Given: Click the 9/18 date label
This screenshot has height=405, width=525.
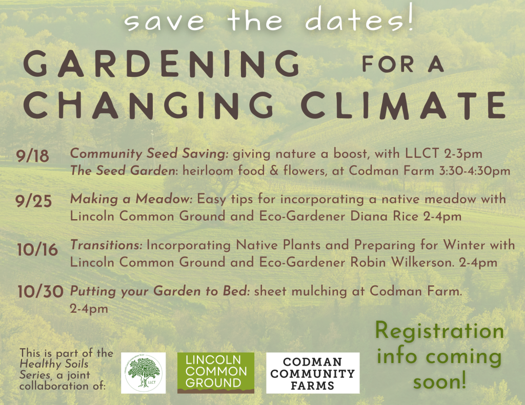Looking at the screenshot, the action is (x=32, y=156).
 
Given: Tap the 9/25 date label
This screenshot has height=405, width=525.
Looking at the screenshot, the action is (x=33, y=201).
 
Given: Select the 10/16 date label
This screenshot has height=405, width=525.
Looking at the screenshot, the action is (x=37, y=250).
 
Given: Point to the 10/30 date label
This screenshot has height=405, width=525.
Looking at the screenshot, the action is (x=41, y=292).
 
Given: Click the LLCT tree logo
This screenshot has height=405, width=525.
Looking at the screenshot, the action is (x=144, y=373).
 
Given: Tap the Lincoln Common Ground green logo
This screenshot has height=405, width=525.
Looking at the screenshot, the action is (x=216, y=373).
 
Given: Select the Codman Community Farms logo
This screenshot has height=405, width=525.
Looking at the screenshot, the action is (x=313, y=373).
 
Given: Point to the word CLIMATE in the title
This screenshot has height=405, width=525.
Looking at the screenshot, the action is (x=403, y=105).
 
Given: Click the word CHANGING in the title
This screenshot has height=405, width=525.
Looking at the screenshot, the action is (x=149, y=105).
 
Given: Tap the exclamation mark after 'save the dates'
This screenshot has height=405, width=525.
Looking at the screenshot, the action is (x=411, y=19).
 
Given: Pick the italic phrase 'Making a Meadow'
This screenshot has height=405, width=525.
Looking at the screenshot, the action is (x=131, y=199).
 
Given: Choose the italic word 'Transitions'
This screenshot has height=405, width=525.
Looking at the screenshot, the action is (x=106, y=245).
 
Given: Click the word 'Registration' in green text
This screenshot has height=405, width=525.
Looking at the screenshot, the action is (x=439, y=331).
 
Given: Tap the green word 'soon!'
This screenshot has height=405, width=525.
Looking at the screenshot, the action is (x=439, y=381).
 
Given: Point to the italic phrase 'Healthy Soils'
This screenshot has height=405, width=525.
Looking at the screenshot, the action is (x=54, y=364).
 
